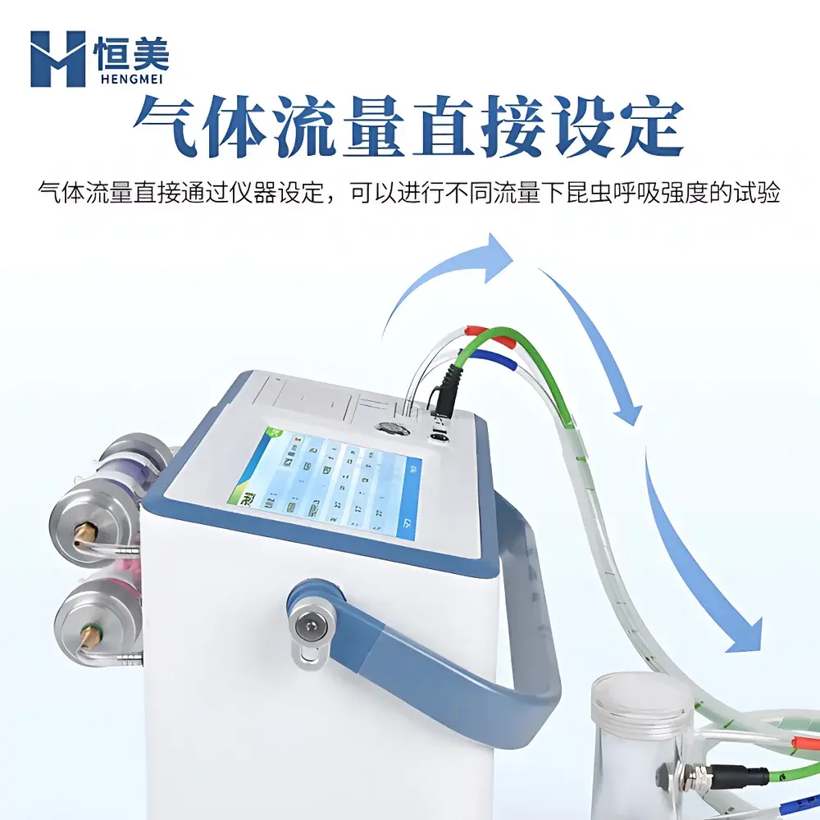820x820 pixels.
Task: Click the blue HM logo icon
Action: pyautogui.click(x=57, y=59)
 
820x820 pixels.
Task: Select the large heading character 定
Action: pyautogui.click(x=645, y=129)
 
